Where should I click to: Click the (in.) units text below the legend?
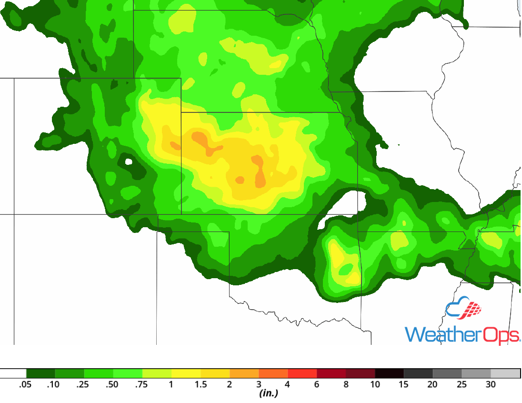point(269,394)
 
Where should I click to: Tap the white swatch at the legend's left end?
point(13,373)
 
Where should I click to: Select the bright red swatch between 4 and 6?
point(302,373)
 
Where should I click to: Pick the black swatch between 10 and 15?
point(390,373)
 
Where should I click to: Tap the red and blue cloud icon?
point(463,311)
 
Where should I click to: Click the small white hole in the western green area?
point(128,161)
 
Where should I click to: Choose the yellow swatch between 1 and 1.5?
point(186,373)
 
